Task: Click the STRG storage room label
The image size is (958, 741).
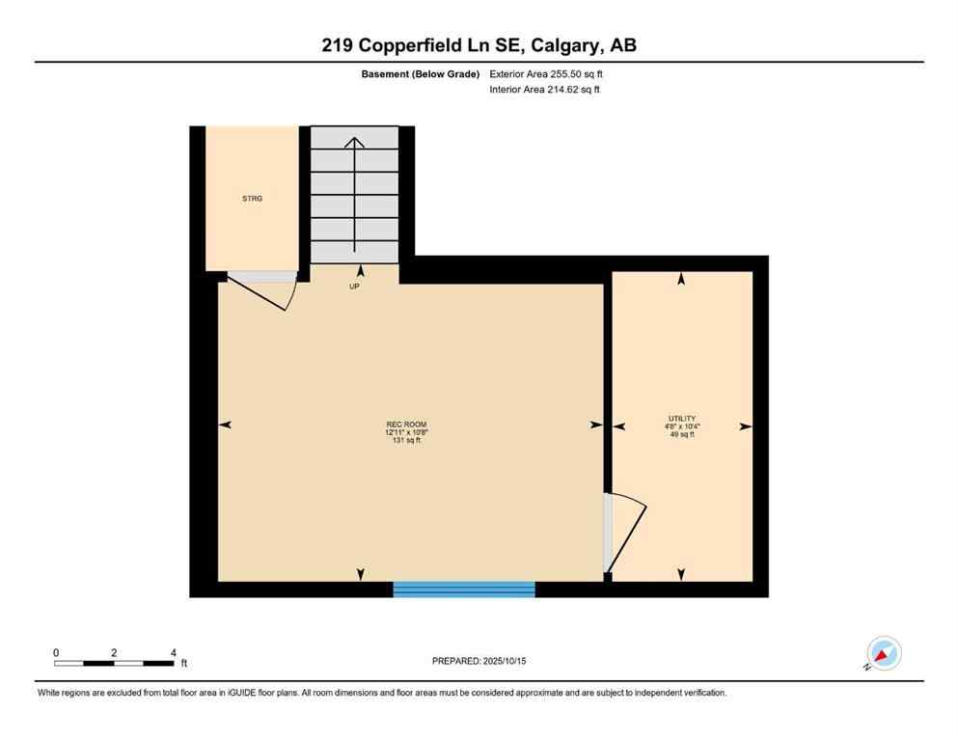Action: (x=252, y=199)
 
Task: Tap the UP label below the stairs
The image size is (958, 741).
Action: (x=354, y=287)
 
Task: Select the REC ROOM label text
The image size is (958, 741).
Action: (x=406, y=425)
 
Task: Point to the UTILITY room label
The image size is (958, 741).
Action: (x=681, y=418)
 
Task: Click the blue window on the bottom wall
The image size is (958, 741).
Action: (x=464, y=589)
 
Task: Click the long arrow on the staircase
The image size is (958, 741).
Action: (x=354, y=193)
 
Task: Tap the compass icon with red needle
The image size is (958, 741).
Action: (x=883, y=653)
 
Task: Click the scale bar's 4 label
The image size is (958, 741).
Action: (x=173, y=652)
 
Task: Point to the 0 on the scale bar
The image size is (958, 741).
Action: (x=56, y=652)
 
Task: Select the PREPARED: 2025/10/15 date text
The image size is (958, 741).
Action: (x=479, y=661)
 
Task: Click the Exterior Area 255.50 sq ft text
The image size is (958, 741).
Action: (x=548, y=73)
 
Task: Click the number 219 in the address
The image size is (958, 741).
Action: (x=340, y=44)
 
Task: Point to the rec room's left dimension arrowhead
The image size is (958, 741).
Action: (x=225, y=425)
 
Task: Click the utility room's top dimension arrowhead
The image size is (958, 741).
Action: (x=681, y=279)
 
